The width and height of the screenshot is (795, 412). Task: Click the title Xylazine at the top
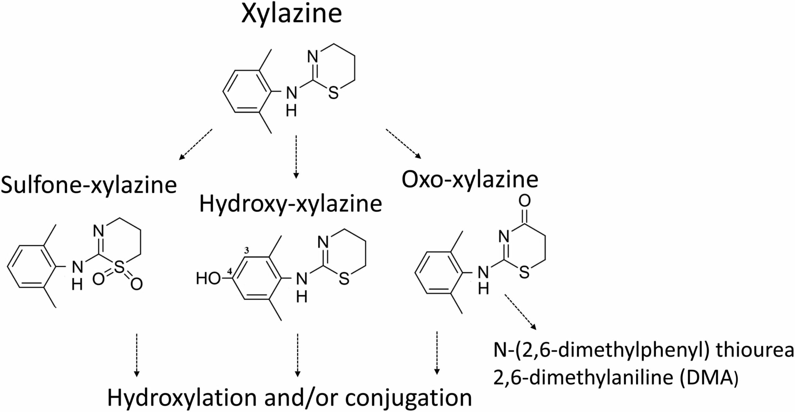(291, 14)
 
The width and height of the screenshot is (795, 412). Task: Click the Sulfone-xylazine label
(89, 185)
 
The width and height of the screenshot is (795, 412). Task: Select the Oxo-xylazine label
(470, 179)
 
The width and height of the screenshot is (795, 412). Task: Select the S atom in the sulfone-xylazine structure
(120, 267)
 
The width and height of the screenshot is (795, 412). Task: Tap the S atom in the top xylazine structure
(333, 93)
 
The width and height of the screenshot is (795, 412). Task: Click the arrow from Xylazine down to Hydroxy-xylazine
(296, 157)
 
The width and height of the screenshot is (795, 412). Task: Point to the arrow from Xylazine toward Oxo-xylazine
(403, 143)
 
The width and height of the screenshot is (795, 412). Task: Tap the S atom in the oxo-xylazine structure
(524, 273)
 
